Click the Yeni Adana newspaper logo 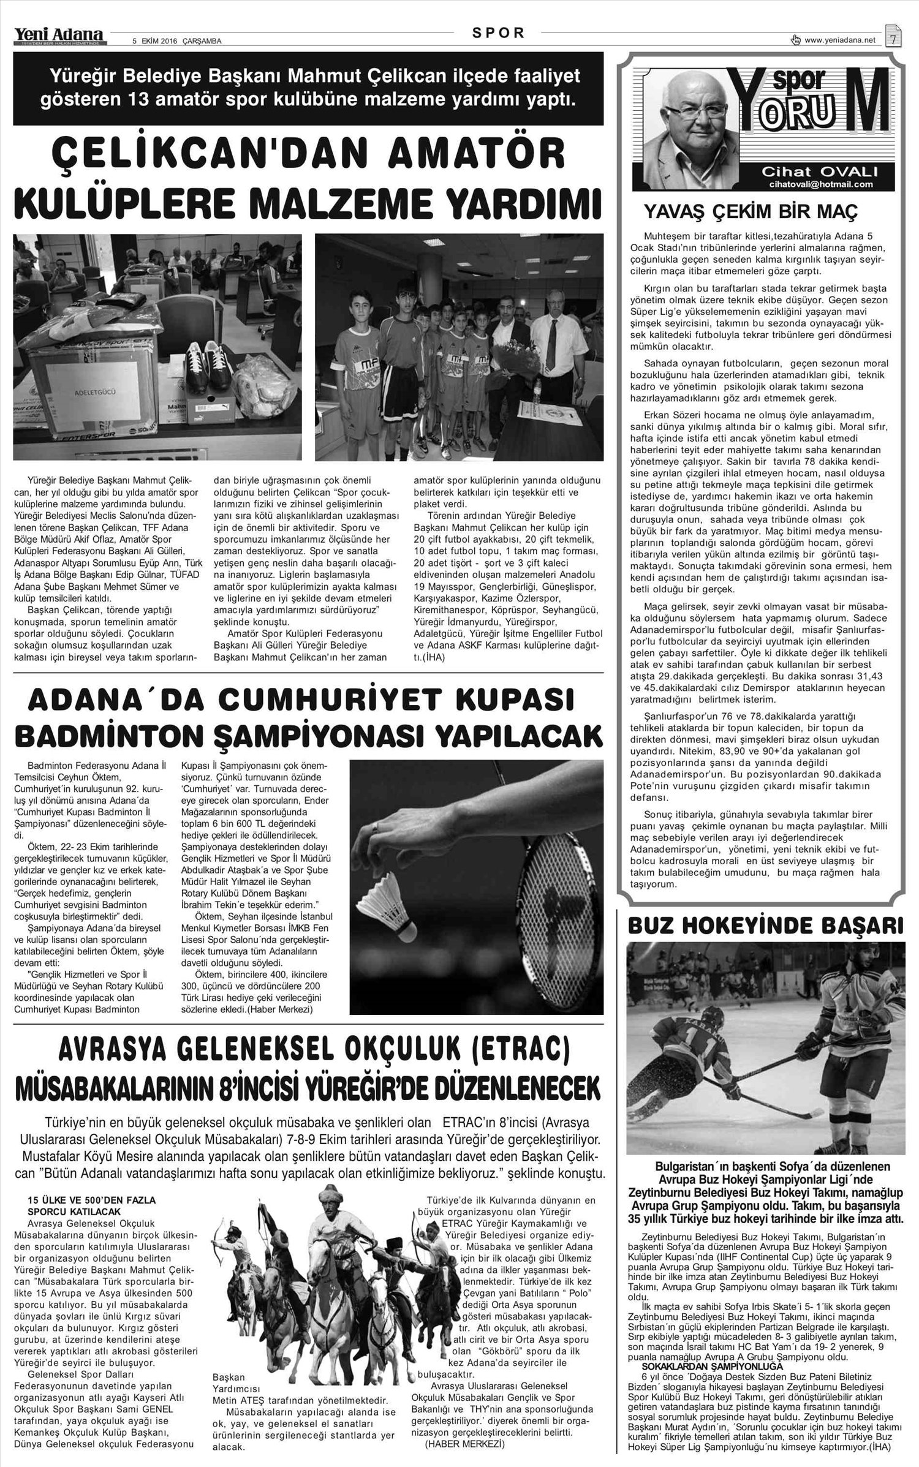tap(60, 37)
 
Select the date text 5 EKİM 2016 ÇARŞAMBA tap(177, 42)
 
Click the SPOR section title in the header tap(499, 34)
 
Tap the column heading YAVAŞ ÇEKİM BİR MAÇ tap(750, 213)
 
